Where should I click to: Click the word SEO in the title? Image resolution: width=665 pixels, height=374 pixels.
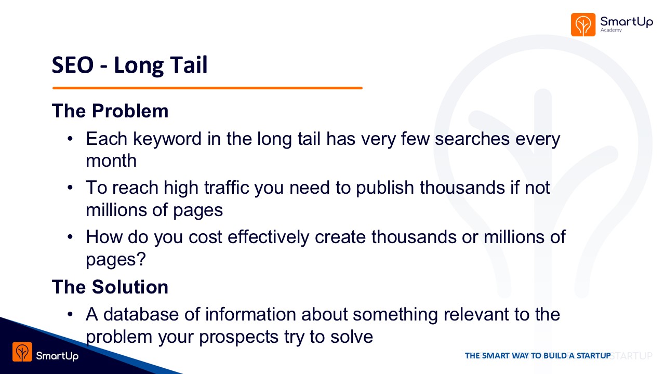73,65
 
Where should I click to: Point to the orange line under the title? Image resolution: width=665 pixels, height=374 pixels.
207,88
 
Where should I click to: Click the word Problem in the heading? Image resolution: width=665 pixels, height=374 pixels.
130,111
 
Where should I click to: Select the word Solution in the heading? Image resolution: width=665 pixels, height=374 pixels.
130,287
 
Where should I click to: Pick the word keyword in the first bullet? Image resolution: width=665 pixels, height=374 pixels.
167,139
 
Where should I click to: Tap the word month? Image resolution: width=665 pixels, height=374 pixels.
111,161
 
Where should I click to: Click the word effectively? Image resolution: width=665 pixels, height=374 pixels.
269,237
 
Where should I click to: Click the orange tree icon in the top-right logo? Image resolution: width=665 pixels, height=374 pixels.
583,24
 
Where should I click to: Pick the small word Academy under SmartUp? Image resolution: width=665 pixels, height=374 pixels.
611,30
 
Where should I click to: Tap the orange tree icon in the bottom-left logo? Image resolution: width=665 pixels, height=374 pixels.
22,352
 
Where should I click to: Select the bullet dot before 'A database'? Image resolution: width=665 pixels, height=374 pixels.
70,314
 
